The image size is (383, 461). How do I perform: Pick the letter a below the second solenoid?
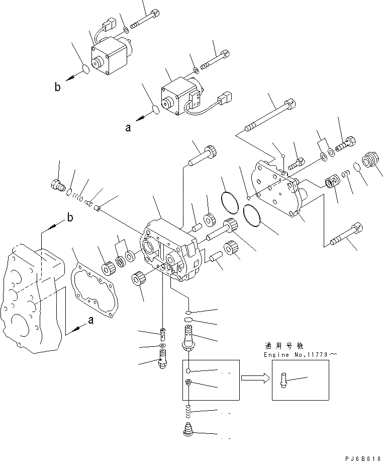pos(128,128)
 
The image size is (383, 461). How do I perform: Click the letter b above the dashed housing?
pos(69,218)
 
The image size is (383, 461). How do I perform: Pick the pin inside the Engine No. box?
pos(282,379)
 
